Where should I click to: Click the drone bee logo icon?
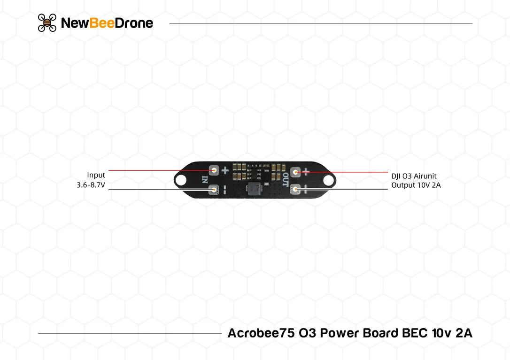pos(47,23)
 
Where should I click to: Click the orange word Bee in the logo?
pos(101,23)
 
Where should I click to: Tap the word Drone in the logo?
pos(134,23)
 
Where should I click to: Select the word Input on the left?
pos(96,175)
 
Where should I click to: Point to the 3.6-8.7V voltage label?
pos(91,185)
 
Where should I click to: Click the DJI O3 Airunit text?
pos(414,176)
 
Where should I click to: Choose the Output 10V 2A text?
pos(416,185)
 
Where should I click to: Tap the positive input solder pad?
pos(214,170)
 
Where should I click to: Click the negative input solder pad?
pos(214,190)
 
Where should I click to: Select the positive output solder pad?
pos(295,172)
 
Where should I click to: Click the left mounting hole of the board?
pos(181,180)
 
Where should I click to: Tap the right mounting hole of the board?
pos(329,180)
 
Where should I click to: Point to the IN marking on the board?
pos(205,179)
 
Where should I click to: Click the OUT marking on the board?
pos(285,179)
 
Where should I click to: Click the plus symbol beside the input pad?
pos(225,170)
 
